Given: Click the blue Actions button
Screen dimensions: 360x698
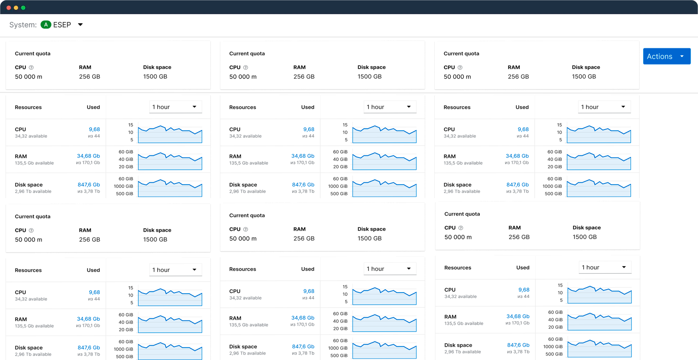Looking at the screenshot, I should [660, 56].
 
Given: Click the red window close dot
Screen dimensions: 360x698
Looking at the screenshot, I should [9, 8].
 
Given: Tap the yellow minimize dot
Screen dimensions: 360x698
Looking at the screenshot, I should [16, 8].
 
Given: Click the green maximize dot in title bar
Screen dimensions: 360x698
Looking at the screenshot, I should [23, 8].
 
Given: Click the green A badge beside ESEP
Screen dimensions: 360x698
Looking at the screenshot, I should [46, 25].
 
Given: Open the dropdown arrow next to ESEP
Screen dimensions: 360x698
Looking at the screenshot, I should [81, 25].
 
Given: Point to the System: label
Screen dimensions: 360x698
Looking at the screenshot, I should [23, 25].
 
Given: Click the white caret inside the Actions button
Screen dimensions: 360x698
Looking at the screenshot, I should [682, 56].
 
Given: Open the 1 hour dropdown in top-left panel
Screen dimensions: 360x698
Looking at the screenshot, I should [175, 107].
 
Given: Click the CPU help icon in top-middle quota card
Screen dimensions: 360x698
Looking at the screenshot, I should [246, 67].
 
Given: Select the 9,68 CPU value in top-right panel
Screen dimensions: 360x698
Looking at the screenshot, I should [523, 129].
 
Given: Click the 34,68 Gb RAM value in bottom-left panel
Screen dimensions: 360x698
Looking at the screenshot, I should [88, 319].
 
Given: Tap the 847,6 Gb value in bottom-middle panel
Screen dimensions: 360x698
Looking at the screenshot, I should [303, 347].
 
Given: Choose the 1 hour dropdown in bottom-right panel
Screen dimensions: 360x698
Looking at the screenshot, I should [605, 267].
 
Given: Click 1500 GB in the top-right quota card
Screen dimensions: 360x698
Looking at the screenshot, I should [584, 77].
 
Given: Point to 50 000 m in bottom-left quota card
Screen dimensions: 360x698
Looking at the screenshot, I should [28, 240].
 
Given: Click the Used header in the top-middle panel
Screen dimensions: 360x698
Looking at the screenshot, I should [308, 107].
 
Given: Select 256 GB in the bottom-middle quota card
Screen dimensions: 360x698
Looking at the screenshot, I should [304, 238].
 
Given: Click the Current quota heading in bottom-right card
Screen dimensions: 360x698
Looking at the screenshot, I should [462, 214].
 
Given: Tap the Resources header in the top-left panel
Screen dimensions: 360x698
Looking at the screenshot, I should [28, 107].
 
